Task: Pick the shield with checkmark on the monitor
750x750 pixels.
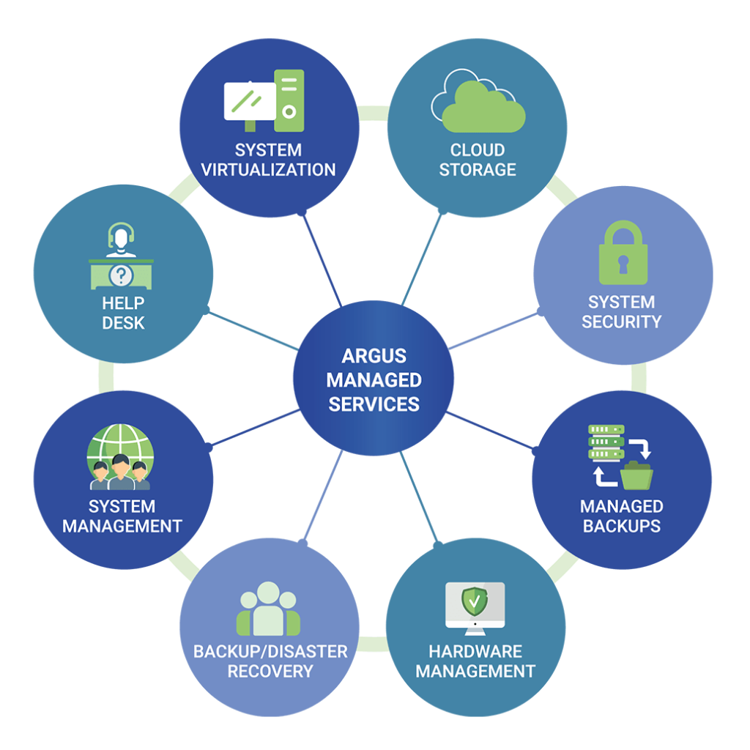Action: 475,601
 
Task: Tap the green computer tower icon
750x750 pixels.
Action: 289,94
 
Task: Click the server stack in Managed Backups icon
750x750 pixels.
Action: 606,442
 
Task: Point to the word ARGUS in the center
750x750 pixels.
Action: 374,357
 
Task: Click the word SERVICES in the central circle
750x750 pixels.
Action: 374,404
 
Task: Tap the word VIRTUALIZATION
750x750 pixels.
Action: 268,170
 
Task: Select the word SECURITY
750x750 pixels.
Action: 621,322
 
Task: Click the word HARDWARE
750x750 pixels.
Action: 475,651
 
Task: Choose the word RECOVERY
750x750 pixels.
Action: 270,671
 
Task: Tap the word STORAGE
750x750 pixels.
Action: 478,170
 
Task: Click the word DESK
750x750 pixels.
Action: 123,322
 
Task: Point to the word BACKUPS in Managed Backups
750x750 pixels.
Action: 621,526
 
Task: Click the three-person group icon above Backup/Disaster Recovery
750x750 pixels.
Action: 268,609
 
